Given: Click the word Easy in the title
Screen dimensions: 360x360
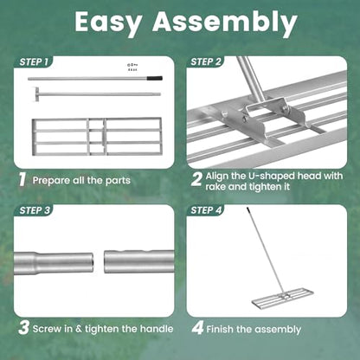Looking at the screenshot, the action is point(108,22).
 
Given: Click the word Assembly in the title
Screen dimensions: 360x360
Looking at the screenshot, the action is point(225,22).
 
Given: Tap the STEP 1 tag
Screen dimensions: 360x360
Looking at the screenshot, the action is point(34,61).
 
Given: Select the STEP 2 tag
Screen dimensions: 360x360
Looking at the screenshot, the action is point(206,61).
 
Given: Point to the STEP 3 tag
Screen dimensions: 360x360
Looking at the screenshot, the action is point(35,210).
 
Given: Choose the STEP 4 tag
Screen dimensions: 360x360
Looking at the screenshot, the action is point(206,210).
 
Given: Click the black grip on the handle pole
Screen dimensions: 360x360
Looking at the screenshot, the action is point(155,78).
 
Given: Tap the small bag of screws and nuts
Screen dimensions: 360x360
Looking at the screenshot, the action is point(132,67).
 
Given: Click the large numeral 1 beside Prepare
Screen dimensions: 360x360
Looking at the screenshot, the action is point(22,179).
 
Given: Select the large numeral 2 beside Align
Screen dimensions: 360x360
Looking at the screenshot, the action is point(196,179).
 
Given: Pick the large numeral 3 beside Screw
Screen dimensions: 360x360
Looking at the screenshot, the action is point(23,328).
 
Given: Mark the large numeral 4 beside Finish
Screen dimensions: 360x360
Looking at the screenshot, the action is point(197,328).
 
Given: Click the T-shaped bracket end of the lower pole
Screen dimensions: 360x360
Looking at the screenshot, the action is point(36,94).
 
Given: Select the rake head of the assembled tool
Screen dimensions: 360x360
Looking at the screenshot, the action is point(283,297).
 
